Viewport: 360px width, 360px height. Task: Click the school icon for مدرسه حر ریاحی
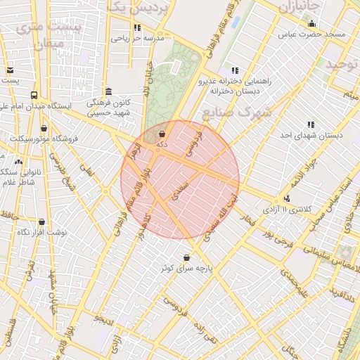click(x=137, y=28)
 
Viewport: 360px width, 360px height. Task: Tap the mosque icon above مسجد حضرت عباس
click(x=312, y=24)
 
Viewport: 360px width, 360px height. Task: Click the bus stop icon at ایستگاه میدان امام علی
click(x=34, y=95)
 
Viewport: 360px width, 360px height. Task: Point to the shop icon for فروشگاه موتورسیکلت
click(x=45, y=128)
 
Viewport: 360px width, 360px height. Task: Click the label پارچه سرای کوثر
click(x=186, y=269)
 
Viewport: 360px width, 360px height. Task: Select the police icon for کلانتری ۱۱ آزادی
click(x=288, y=199)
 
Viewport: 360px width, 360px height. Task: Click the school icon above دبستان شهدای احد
click(x=311, y=124)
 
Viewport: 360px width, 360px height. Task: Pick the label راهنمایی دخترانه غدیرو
click(x=236, y=82)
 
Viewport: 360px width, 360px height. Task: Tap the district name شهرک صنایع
click(x=237, y=112)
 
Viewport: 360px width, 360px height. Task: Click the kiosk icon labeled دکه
click(x=162, y=132)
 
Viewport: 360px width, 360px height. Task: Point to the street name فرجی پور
click(x=276, y=239)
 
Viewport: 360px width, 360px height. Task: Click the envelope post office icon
click(x=10, y=70)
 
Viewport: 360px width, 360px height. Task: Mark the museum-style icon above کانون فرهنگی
click(x=108, y=91)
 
